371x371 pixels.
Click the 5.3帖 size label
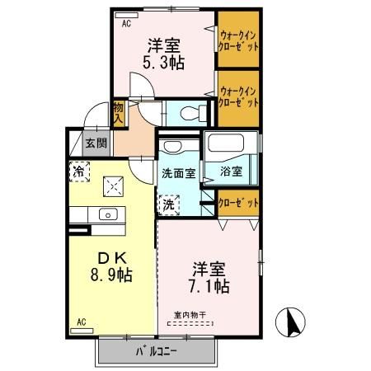pyautogui.click(x=164, y=62)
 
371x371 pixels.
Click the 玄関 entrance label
pyautogui.click(x=96, y=143)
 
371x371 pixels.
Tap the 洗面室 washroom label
pyautogui.click(x=177, y=173)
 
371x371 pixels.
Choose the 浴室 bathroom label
pyautogui.click(x=231, y=172)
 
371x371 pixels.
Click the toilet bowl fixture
pyautogui.click(x=186, y=112)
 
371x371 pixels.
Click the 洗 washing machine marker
pyautogui.click(x=168, y=203)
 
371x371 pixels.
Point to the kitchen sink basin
pyautogui.click(x=106, y=214)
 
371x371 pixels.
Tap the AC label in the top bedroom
pyautogui.click(x=126, y=25)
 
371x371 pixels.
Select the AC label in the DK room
pyautogui.click(x=81, y=322)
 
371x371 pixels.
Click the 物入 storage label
pyautogui.click(x=119, y=111)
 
